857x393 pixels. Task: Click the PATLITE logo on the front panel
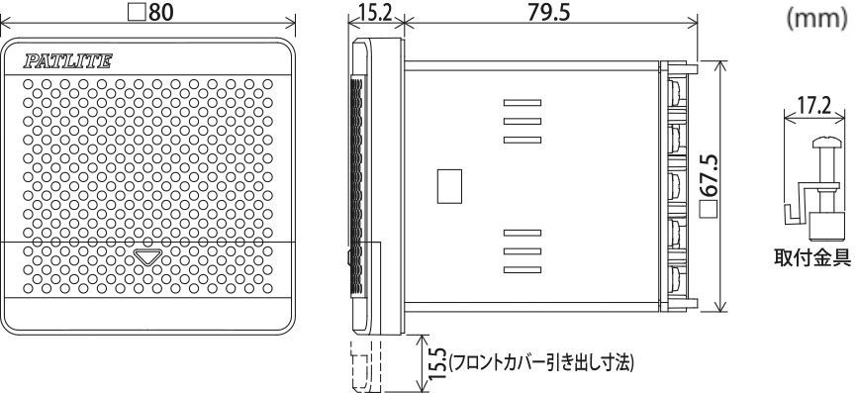(x=67, y=60)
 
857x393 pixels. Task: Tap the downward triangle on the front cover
(x=148, y=256)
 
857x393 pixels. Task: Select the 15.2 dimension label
(x=377, y=12)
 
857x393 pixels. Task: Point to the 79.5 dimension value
(x=548, y=12)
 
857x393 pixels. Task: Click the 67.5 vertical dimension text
(x=709, y=175)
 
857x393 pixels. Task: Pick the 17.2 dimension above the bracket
(x=814, y=105)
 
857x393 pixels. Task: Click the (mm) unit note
(x=816, y=19)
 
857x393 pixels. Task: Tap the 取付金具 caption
(x=819, y=257)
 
